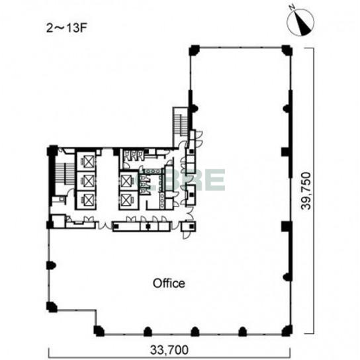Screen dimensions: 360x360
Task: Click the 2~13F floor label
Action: tap(67, 28)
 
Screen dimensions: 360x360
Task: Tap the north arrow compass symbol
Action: tap(300, 22)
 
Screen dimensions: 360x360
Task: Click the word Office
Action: tap(169, 283)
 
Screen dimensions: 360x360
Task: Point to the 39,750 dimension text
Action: tap(306, 191)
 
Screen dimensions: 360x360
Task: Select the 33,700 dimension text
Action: tap(169, 350)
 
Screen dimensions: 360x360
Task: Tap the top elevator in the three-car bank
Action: tap(86, 161)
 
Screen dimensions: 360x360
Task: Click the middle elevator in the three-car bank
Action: tap(86, 181)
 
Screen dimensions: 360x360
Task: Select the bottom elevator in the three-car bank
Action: tap(86, 201)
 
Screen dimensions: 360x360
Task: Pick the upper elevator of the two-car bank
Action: tap(128, 181)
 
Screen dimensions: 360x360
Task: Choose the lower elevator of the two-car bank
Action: tap(128, 200)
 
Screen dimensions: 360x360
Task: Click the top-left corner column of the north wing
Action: tap(194, 50)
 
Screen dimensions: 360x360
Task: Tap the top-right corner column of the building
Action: tap(287, 50)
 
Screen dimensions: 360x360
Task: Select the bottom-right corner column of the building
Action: tap(287, 331)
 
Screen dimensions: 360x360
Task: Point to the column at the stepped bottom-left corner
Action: tap(99, 331)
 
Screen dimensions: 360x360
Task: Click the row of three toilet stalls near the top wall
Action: tap(134, 155)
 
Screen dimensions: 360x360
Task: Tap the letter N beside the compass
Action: tap(292, 7)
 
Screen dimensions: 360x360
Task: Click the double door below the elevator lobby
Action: tap(105, 226)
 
